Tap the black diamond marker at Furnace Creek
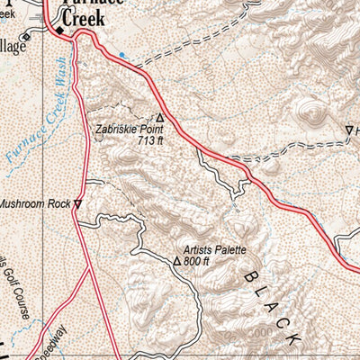click(61, 31)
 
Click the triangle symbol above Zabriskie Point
click(160, 118)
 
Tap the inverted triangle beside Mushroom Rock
click(78, 204)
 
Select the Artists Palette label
click(214, 249)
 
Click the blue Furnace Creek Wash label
click(36, 121)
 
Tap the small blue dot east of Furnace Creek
click(121, 55)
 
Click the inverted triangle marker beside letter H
click(349, 131)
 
